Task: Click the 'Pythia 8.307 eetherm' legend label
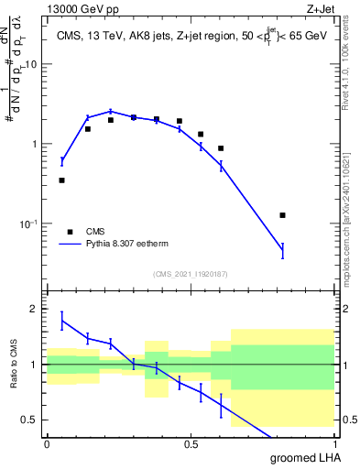(x=125, y=245)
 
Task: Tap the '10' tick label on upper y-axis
(x=32, y=65)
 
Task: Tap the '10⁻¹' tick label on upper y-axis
(x=29, y=223)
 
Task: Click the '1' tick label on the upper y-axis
(x=36, y=145)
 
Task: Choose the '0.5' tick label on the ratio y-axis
(x=29, y=420)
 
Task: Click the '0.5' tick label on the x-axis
(x=191, y=444)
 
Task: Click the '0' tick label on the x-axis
(x=47, y=444)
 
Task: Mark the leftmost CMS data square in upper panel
(x=61, y=180)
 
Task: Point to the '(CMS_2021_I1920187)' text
(x=190, y=274)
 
